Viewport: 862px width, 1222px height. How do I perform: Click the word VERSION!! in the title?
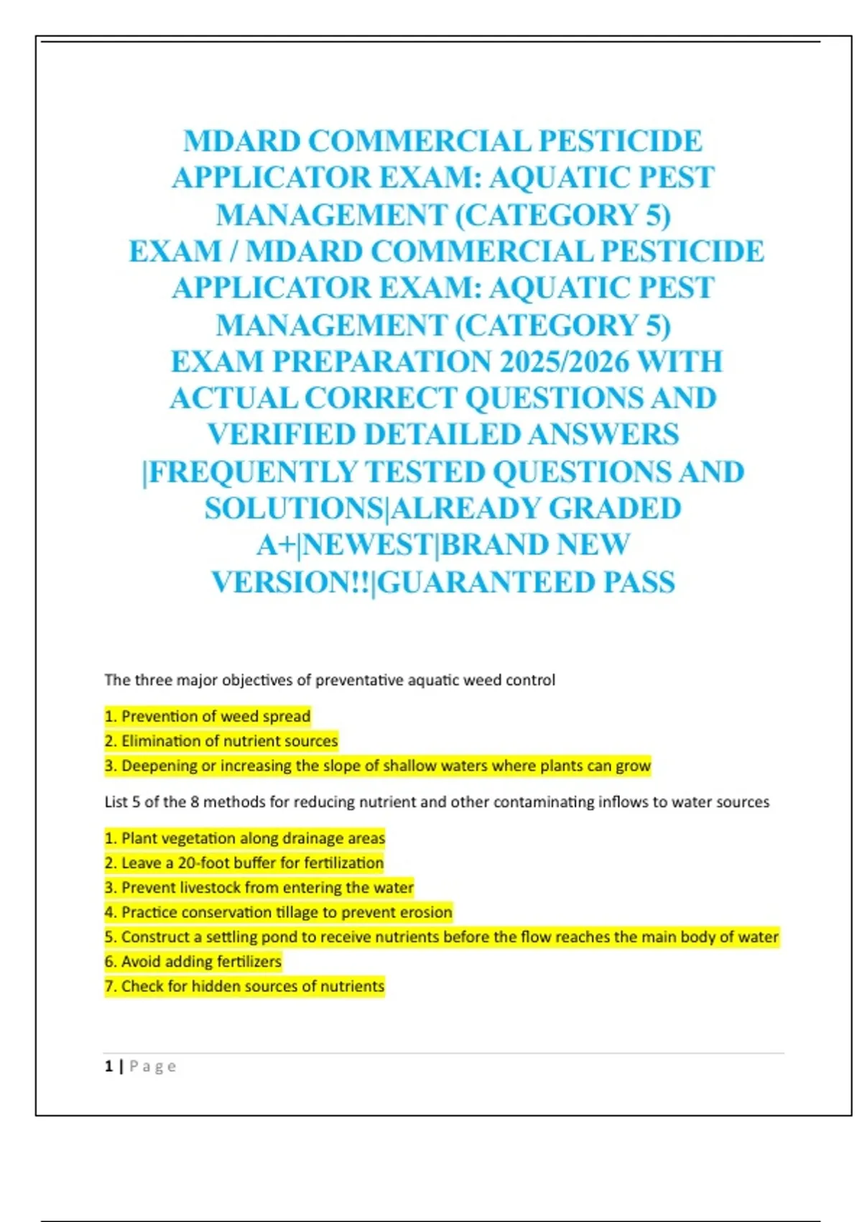291,582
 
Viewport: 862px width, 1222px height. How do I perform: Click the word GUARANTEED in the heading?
488,582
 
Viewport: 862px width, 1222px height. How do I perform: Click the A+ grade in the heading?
276,546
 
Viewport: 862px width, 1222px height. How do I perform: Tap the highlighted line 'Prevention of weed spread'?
208,716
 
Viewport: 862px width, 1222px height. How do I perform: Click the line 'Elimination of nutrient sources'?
221,740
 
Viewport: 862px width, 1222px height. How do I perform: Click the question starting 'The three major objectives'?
330,680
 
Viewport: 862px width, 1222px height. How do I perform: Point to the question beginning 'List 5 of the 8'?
437,801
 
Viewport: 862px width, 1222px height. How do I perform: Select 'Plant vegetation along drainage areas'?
245,838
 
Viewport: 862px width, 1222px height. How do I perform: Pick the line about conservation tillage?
279,912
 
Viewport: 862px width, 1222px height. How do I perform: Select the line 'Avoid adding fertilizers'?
193,962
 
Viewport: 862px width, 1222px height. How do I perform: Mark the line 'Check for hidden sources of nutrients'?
245,986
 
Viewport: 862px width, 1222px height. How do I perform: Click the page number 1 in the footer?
108,1066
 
